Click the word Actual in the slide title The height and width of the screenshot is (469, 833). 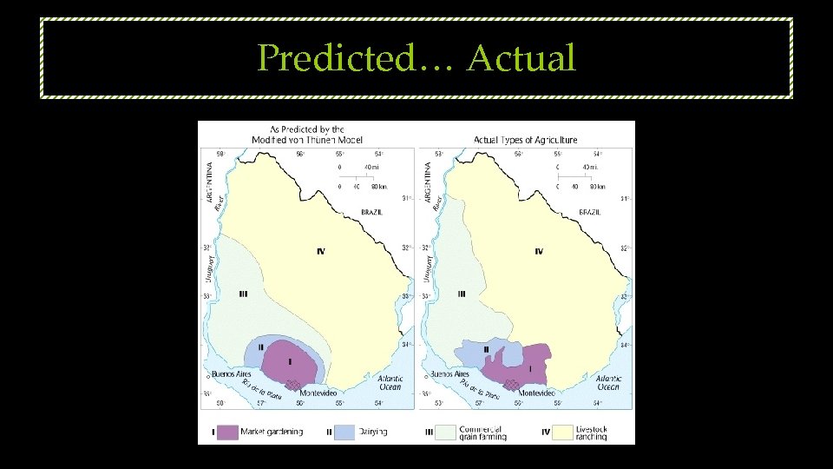point(521,58)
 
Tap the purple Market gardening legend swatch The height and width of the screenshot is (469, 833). point(227,431)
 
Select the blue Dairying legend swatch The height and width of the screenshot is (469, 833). point(344,431)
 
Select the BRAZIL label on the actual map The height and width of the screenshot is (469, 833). point(591,211)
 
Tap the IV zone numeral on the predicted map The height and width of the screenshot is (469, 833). point(321,252)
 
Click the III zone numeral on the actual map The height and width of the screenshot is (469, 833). point(461,294)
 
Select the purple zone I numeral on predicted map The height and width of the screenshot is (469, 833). point(289,360)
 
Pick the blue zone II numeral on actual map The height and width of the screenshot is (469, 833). point(486,349)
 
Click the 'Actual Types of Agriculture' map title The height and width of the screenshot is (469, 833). point(525,139)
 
